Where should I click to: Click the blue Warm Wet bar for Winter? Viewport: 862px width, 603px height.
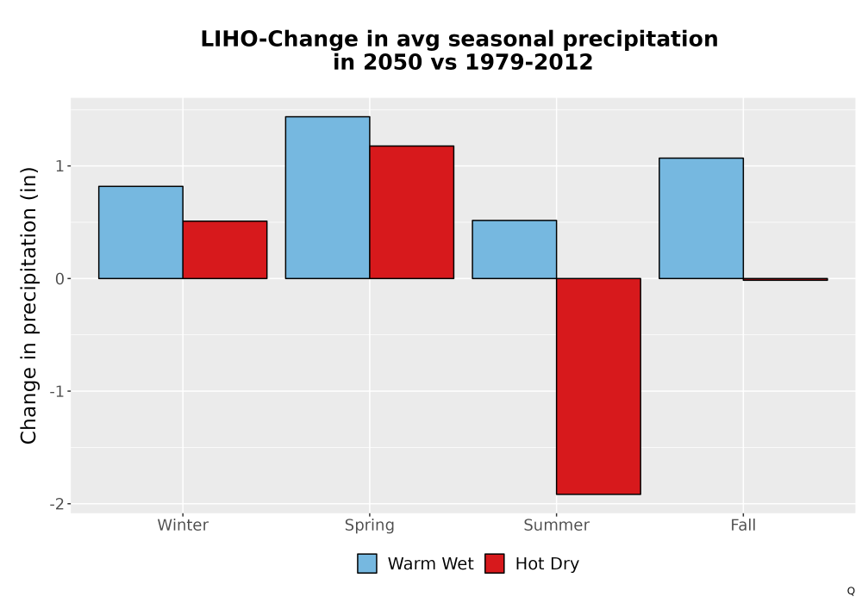click(141, 233)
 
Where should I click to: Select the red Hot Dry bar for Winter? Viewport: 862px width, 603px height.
click(225, 250)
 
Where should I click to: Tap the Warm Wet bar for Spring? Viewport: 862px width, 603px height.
click(328, 198)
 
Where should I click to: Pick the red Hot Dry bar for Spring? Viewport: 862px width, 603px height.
click(412, 212)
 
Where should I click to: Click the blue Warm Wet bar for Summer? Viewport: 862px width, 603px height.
click(515, 249)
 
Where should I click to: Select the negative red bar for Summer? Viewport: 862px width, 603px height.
click(599, 386)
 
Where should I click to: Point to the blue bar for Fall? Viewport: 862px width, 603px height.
click(702, 218)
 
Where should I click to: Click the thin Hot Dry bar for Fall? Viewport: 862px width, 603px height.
click(785, 279)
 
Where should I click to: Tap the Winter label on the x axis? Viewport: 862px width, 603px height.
click(183, 525)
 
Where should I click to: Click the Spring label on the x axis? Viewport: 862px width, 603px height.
click(370, 525)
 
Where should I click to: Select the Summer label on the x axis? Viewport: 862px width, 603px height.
click(556, 525)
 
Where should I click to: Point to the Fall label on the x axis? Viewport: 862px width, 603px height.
click(743, 525)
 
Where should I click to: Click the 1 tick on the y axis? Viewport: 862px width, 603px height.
click(60, 166)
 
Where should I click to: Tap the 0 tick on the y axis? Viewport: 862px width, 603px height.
click(60, 278)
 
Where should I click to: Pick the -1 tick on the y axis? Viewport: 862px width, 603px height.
click(57, 391)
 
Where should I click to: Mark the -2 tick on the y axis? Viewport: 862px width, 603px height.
click(57, 504)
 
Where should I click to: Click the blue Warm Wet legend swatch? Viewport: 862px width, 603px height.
click(367, 563)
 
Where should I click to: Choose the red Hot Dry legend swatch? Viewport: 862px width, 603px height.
click(495, 563)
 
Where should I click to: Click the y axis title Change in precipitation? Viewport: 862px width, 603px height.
click(28, 305)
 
